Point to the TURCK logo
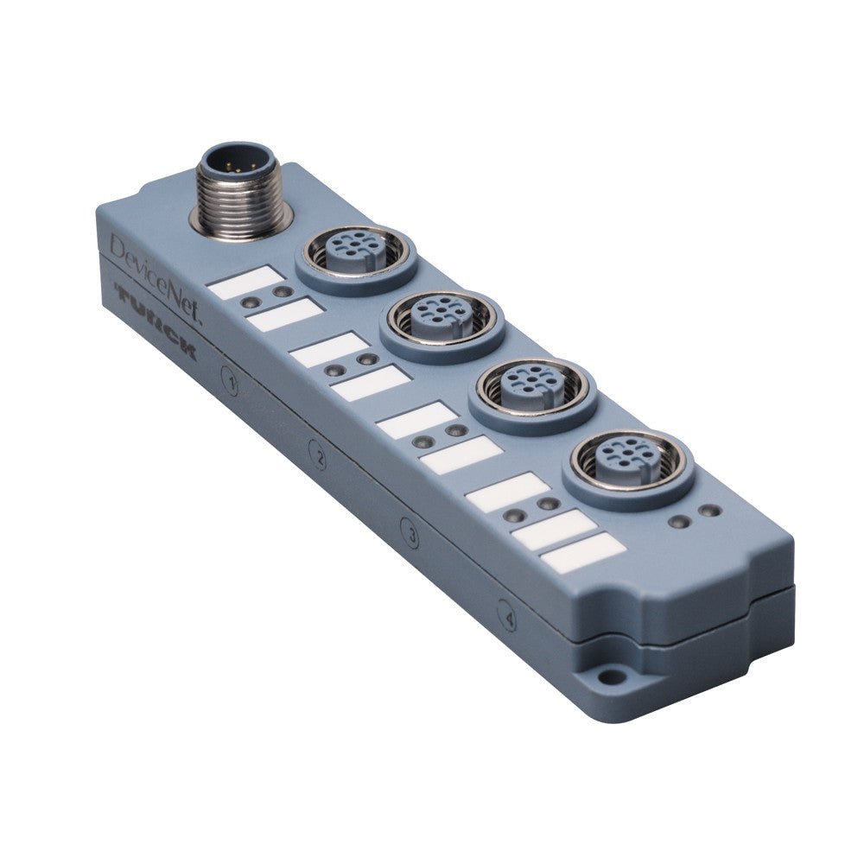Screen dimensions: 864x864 pyautogui.click(x=156, y=324)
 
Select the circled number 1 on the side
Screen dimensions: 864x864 pyautogui.click(x=229, y=381)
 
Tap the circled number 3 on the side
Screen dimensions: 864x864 pyautogui.click(x=411, y=537)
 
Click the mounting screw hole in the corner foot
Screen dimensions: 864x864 pyautogui.click(x=611, y=677)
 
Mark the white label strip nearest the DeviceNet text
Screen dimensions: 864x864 pyautogui.click(x=247, y=282)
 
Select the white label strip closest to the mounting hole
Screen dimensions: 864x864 pyautogui.click(x=583, y=551)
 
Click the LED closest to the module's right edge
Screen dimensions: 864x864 pyautogui.click(x=711, y=511)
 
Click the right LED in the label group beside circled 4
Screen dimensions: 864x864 pyautogui.click(x=546, y=503)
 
